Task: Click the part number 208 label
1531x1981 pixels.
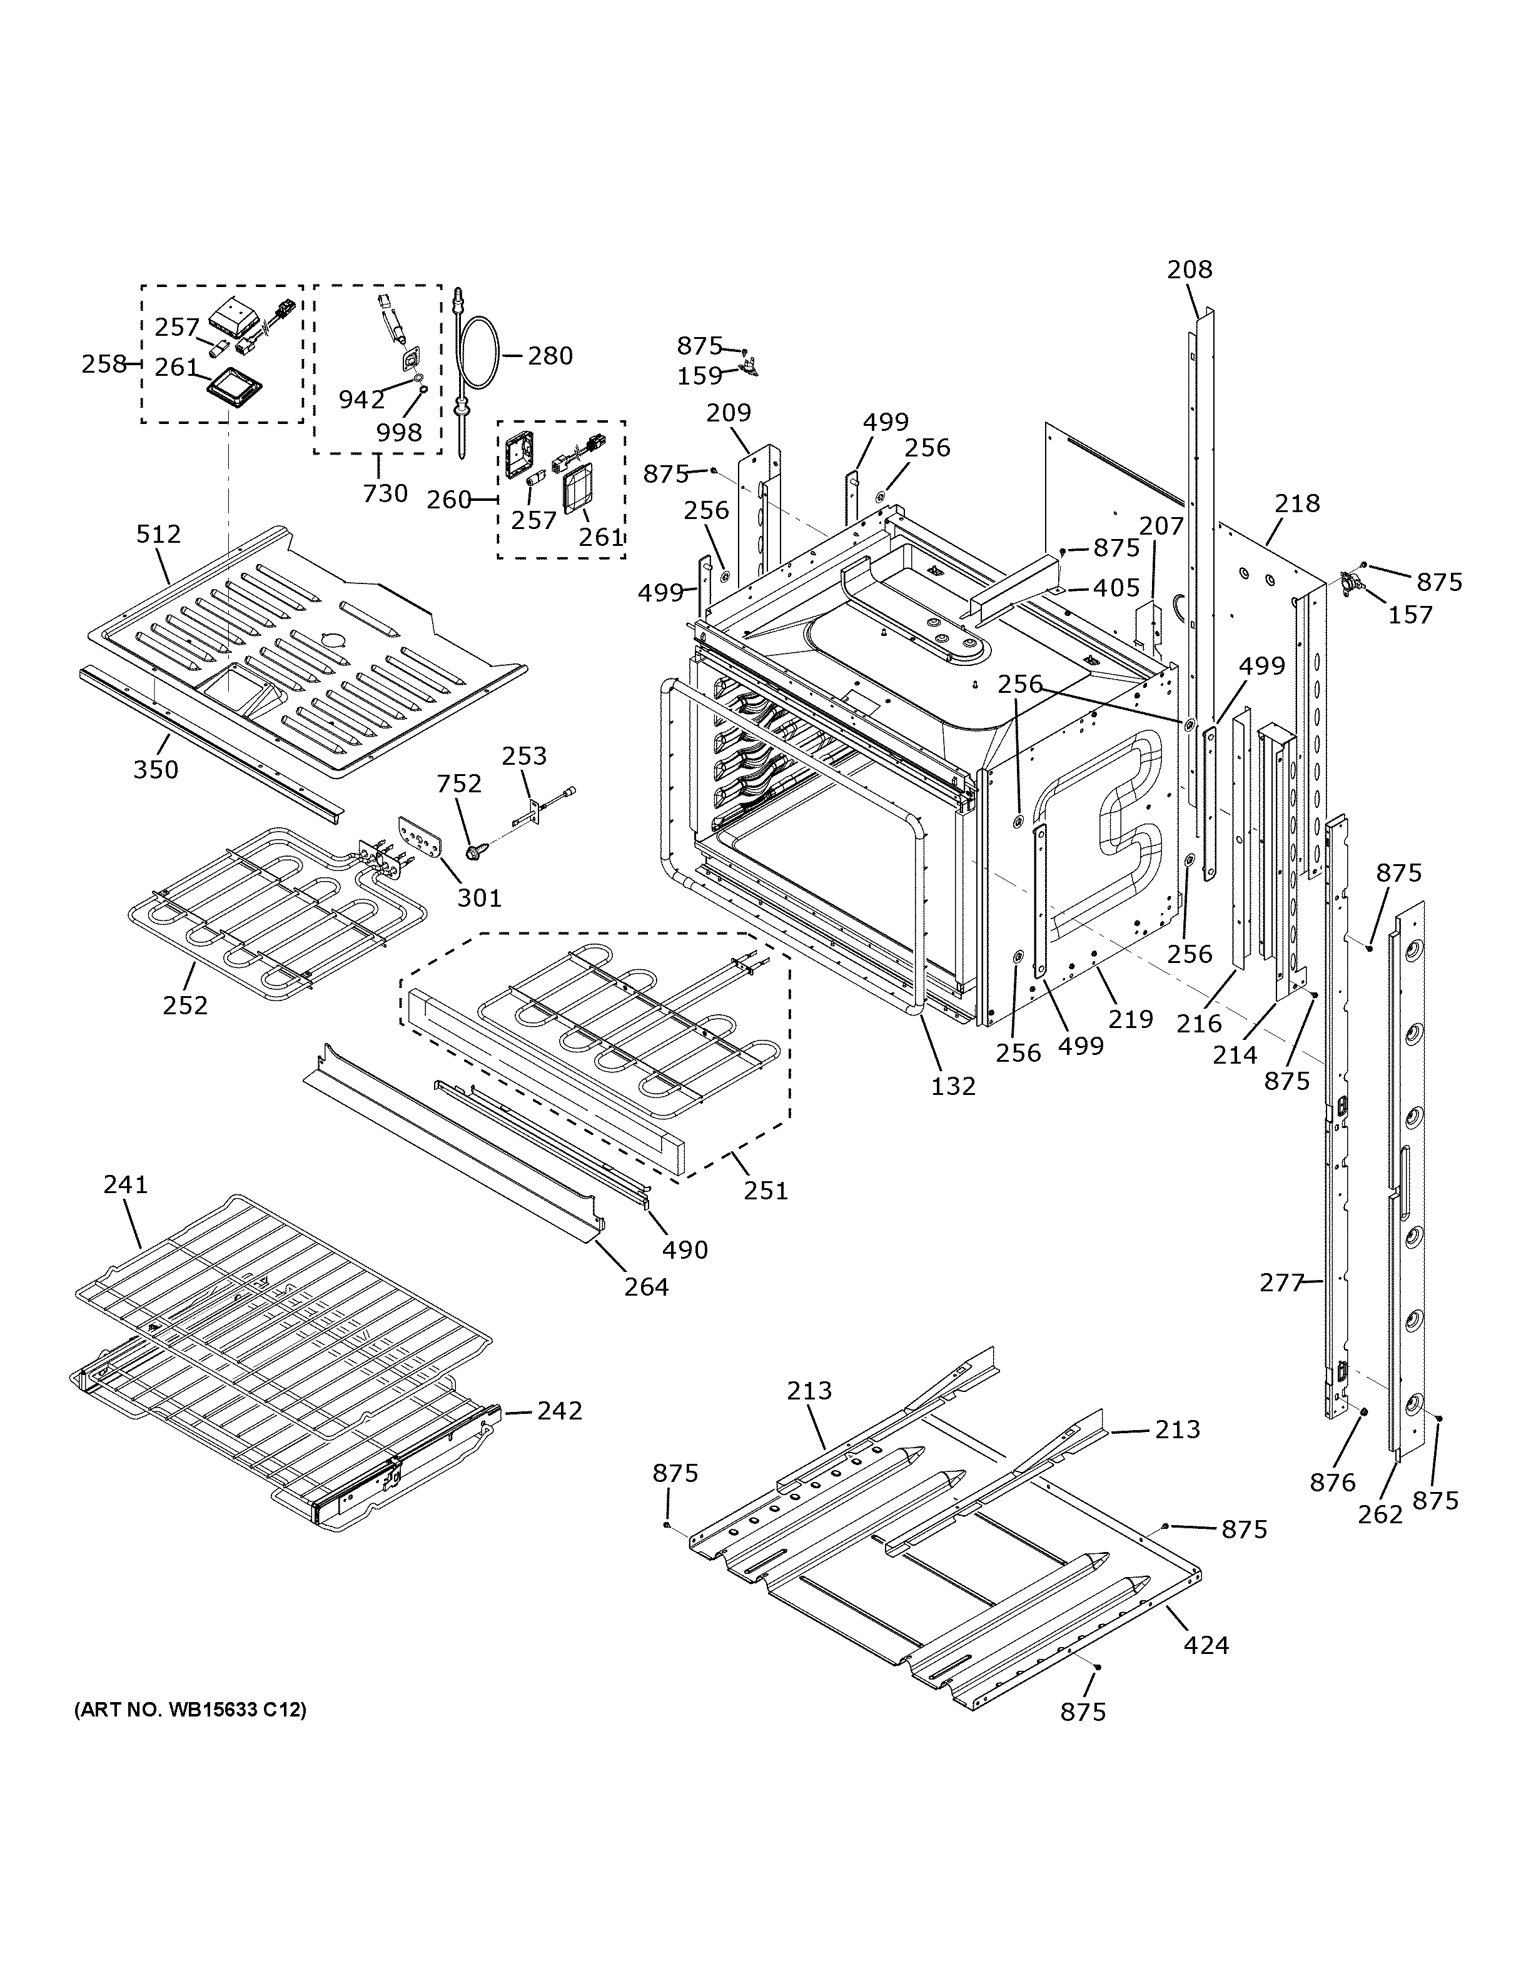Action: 1189,270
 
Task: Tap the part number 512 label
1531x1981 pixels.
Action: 159,534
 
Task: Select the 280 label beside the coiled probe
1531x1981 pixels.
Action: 550,356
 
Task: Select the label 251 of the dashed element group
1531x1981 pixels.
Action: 765,1190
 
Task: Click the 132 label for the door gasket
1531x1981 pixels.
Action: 953,1086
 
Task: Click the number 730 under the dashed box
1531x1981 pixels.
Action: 385,493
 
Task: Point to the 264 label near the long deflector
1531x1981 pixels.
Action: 646,1286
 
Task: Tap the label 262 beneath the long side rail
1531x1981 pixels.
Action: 1380,1514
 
